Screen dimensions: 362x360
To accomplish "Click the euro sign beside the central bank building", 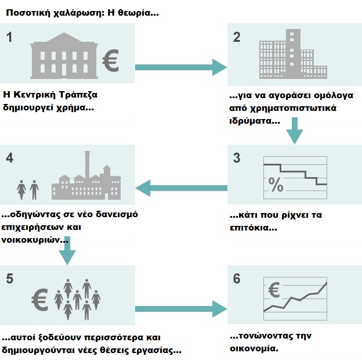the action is (x=111, y=60).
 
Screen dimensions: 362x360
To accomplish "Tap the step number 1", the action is (x=9, y=37).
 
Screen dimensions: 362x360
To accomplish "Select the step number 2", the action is (x=237, y=37).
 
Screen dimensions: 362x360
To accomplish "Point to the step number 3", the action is (x=237, y=158).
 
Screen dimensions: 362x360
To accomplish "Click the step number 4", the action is (x=9, y=158).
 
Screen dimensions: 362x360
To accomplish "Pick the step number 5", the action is (x=9, y=279).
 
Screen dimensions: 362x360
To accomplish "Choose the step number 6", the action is (x=237, y=279).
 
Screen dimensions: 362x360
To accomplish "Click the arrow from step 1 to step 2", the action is (x=181, y=67).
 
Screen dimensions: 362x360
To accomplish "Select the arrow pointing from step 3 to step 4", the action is (x=181, y=188).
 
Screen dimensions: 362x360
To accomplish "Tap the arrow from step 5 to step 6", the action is (x=181, y=309).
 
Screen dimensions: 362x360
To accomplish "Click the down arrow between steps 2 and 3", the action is (x=295, y=131).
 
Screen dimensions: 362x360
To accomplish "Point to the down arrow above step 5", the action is (x=67, y=251).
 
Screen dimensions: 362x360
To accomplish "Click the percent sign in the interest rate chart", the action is (x=276, y=185).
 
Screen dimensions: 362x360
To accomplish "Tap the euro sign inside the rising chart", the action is (x=274, y=290).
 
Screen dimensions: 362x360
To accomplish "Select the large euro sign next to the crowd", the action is (x=39, y=300).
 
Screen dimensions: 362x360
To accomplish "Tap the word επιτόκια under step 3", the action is (x=254, y=228).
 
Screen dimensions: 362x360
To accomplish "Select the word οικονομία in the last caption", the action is (x=254, y=348).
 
